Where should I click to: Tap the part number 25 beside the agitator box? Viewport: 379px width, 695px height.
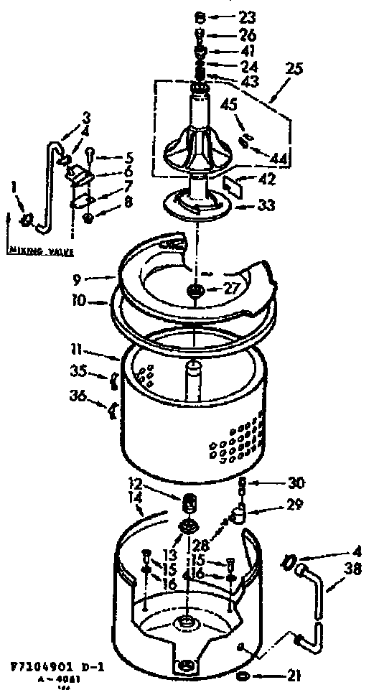click(x=294, y=70)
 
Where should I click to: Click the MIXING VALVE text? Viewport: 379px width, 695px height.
click(x=36, y=251)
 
